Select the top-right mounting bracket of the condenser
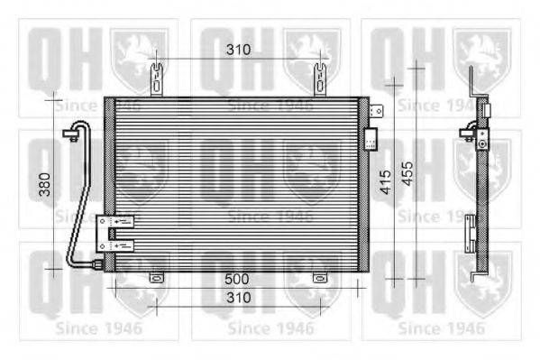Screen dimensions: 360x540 click(x=319, y=79)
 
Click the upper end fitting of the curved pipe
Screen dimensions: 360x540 click(x=69, y=134)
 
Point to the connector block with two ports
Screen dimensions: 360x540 click(x=116, y=233)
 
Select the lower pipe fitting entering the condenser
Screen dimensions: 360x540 click(x=95, y=263)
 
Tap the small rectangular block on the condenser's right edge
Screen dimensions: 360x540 click(x=370, y=139)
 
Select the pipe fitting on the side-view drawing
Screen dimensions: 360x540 click(x=468, y=135)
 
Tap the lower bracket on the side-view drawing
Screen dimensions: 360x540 click(x=470, y=233)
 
